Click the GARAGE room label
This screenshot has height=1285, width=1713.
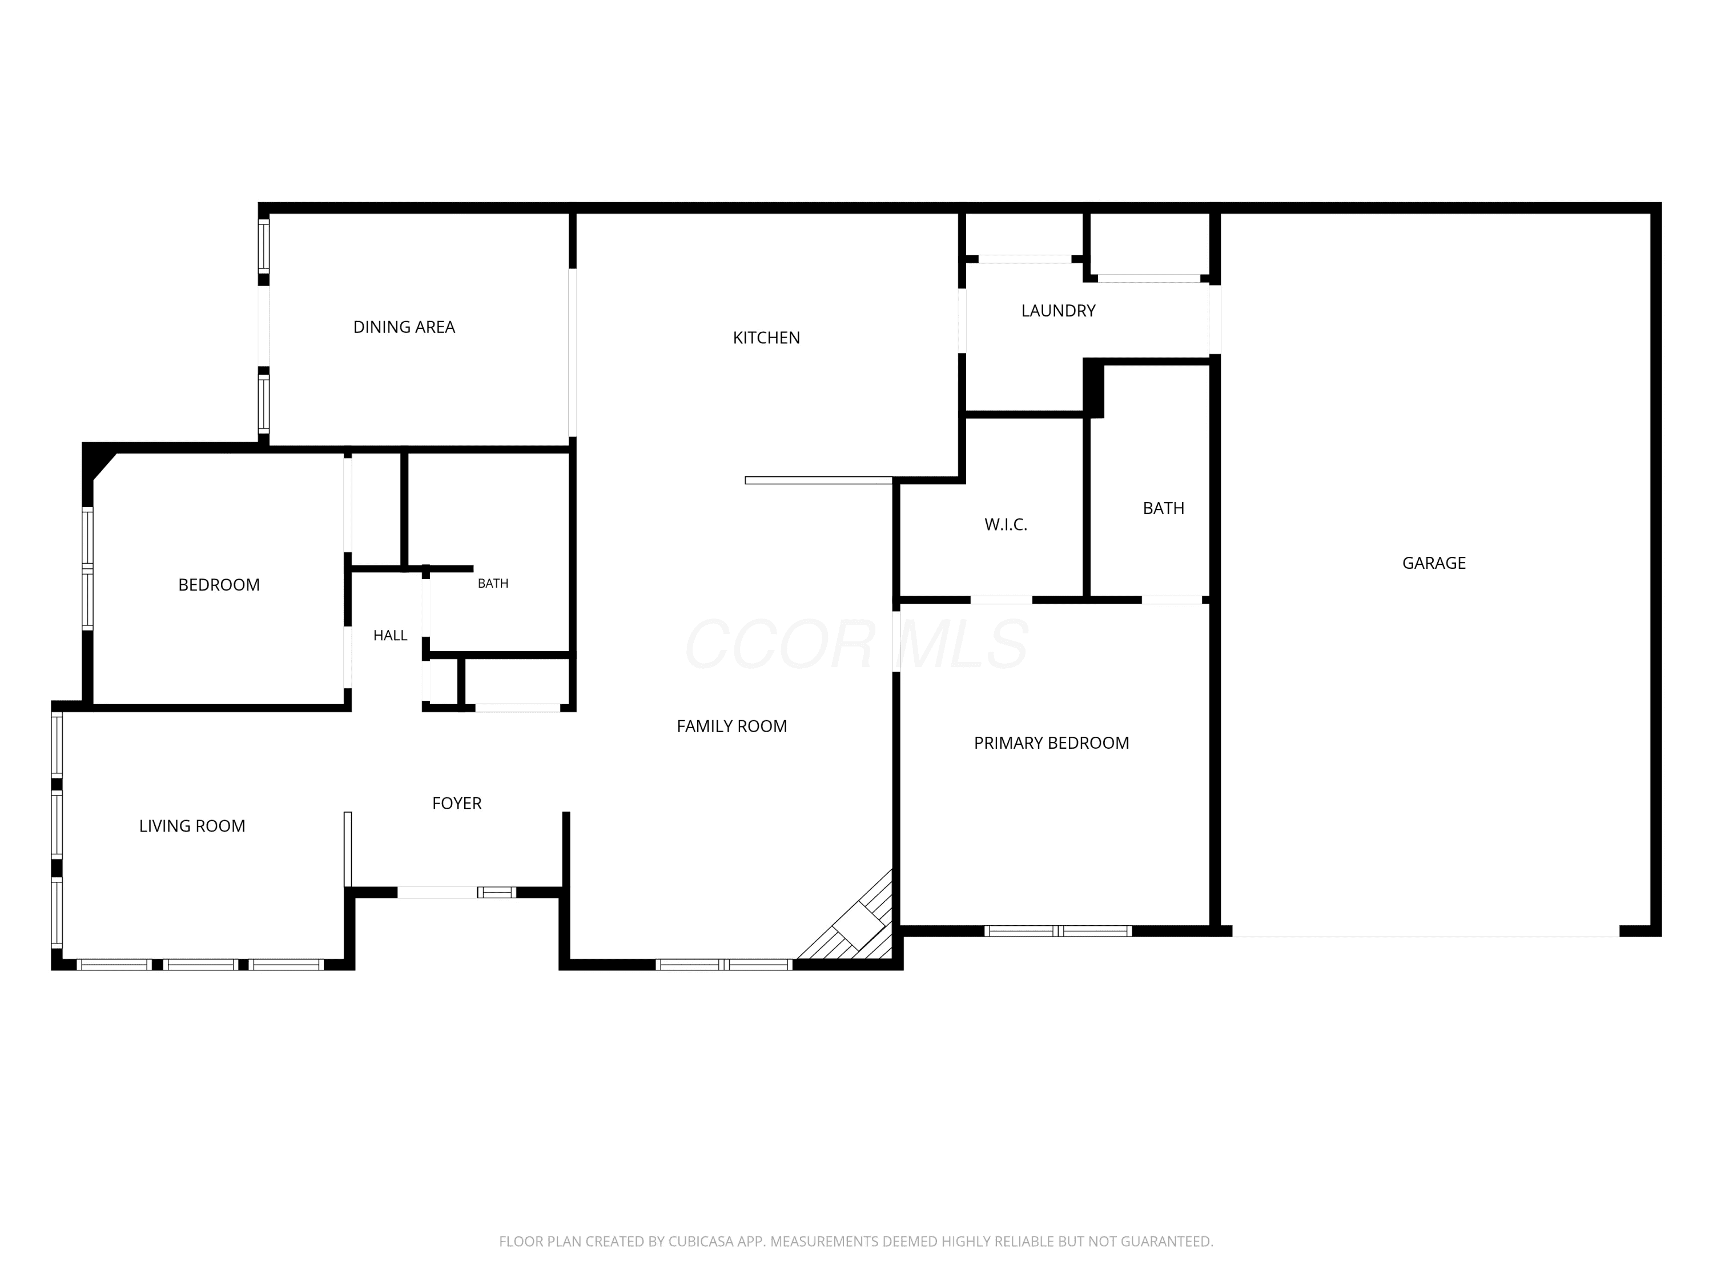pyautogui.click(x=1433, y=563)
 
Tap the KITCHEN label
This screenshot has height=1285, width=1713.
pyautogui.click(x=766, y=338)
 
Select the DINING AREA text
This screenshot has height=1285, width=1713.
pyautogui.click(x=404, y=327)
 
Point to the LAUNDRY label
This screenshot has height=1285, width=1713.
pyautogui.click(x=1058, y=311)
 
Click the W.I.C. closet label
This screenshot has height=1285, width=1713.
pyautogui.click(x=1005, y=524)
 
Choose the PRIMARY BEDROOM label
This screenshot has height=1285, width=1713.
pyautogui.click(x=1051, y=743)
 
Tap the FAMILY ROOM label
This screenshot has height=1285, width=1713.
pyautogui.click(x=731, y=726)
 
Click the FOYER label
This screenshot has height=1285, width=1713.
pyautogui.click(x=456, y=803)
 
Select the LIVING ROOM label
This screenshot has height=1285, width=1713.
pyautogui.click(x=192, y=826)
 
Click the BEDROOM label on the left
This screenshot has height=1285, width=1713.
pyautogui.click(x=218, y=585)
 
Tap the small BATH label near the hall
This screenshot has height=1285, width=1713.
pyautogui.click(x=493, y=583)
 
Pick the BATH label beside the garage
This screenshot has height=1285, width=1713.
pyautogui.click(x=1163, y=508)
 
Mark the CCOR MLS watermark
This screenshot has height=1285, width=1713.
pyautogui.click(x=856, y=644)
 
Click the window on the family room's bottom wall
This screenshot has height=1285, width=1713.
pyautogui.click(x=724, y=965)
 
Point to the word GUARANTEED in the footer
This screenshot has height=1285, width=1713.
pyautogui.click(x=1166, y=1241)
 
